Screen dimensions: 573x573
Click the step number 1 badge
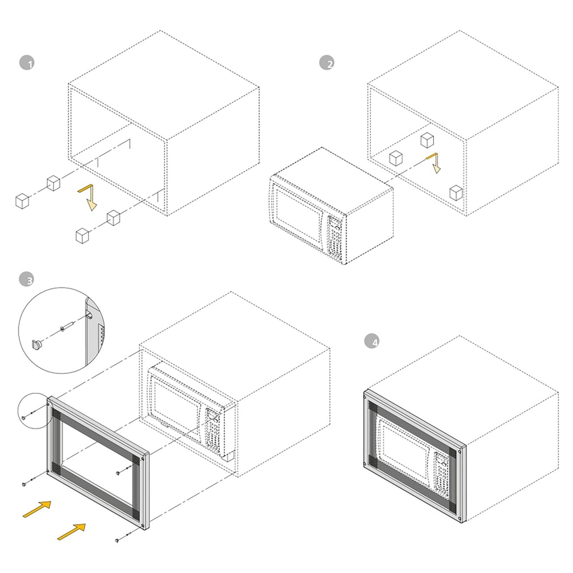(27, 63)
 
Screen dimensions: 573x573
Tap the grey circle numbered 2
(327, 63)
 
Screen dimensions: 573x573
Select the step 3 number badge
(26, 279)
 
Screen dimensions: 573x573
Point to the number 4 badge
(372, 341)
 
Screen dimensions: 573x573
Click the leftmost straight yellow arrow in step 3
(37, 509)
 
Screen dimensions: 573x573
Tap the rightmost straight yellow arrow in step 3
(72, 532)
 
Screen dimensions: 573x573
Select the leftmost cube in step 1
(22, 201)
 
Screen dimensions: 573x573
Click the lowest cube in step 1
(82, 236)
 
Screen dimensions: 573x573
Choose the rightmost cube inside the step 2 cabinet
(456, 193)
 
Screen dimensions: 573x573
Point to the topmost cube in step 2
(427, 140)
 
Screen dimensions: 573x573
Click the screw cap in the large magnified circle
(37, 345)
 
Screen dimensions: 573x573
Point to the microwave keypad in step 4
(442, 475)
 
